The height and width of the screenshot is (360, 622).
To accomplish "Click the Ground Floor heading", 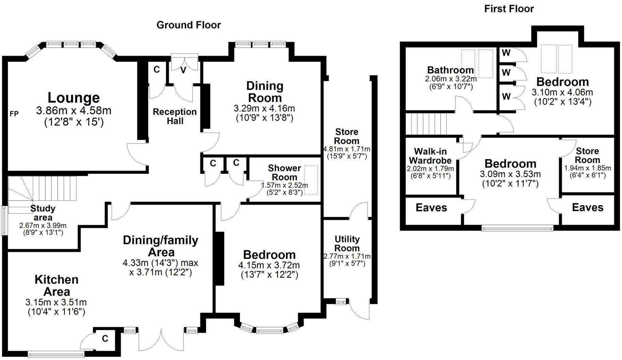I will coord(189,25).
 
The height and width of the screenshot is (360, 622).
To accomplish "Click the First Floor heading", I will coord(509,9).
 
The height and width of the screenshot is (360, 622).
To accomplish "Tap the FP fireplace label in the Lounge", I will coord(14,114).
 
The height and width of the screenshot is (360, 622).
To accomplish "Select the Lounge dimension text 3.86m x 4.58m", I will coord(74,111).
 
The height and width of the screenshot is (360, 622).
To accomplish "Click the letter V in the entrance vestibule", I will coord(183,70).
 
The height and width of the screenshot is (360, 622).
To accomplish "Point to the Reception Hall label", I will coord(175,116).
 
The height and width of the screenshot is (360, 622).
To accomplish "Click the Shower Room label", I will coord(284,172).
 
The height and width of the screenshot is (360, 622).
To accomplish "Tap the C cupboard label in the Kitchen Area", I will coord(105,339).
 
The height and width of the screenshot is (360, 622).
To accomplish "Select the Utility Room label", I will coord(347,243).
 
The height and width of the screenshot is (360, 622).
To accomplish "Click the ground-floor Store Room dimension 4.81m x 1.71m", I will coord(346,149).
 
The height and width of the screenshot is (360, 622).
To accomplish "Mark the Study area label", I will coord(43,213).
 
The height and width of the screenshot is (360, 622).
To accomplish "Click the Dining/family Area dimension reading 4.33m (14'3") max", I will coord(160,263).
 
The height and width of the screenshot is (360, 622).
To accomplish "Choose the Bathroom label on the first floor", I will coord(450,70).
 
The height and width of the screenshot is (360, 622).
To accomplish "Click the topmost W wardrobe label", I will coord(506,53).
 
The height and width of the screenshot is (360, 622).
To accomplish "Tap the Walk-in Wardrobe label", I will coord(430,156).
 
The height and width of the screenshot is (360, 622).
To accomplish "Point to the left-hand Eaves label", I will coord(431,208).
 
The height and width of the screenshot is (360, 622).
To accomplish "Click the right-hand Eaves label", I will coord(587,208).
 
